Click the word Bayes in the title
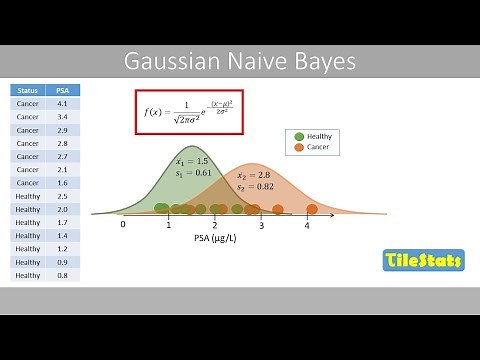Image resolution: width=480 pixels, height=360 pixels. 323,62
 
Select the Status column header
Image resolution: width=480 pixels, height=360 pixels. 28,90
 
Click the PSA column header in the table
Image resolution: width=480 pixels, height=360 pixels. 62,90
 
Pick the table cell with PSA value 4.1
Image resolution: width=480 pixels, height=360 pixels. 62,103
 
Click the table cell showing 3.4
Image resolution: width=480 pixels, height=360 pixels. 62,117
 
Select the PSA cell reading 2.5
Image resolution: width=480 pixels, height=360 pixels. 62,196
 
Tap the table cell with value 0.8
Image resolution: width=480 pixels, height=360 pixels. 62,275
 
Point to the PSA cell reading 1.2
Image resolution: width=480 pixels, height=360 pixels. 62,248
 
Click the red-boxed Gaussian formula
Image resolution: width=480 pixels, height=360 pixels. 189,112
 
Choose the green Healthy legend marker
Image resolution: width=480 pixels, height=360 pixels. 299,136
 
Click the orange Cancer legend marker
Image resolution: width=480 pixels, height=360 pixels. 299,148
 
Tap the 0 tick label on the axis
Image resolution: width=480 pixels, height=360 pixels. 123,226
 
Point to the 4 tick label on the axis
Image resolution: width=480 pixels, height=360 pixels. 307,226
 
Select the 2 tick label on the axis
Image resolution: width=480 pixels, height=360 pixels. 215,226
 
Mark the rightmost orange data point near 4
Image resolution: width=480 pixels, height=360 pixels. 312,209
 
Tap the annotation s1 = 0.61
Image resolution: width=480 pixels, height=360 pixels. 194,173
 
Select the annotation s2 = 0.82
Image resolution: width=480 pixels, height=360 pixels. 254,186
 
